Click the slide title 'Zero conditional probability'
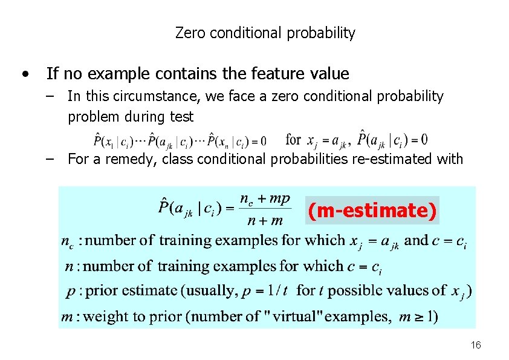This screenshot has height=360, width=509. (x=265, y=33)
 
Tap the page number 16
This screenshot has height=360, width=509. (x=476, y=345)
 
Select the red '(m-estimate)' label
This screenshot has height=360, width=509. (x=372, y=211)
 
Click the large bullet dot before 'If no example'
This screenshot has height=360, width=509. (x=24, y=74)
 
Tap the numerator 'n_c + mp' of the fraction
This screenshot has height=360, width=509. (x=265, y=199)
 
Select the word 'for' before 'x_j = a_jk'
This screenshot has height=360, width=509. (x=293, y=140)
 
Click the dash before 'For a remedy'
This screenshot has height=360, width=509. (x=51, y=159)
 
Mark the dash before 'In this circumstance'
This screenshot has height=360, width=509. (x=51, y=96)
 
